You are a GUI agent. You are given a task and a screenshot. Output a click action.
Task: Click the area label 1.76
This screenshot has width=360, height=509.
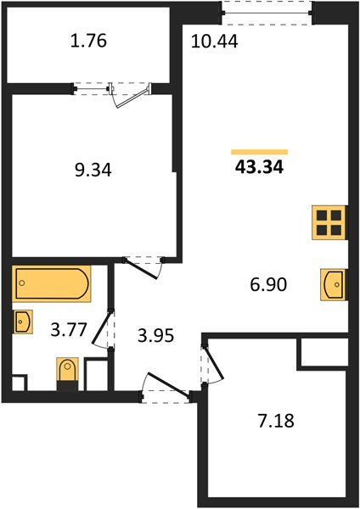[x=90, y=41]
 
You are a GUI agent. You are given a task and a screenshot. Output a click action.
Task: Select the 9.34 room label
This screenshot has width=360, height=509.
[x=93, y=170]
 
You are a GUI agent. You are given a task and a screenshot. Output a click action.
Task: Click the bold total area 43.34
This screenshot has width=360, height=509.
[x=259, y=167]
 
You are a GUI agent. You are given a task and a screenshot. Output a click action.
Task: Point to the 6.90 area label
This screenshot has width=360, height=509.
[x=267, y=284]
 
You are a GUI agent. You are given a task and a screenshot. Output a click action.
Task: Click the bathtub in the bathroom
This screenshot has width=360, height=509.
[x=51, y=285]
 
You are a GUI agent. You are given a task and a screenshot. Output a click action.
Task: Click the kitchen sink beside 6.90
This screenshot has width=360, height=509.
[x=333, y=284]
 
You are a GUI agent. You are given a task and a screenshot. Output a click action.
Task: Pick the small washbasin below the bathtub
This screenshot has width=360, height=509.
[x=23, y=322]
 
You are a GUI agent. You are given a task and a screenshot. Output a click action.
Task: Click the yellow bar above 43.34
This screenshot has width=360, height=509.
[x=259, y=151]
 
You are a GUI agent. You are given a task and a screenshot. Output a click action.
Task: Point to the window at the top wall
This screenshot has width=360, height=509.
[x=267, y=9]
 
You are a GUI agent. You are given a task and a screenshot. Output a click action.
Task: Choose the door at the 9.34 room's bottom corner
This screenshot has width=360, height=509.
[x=141, y=263]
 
